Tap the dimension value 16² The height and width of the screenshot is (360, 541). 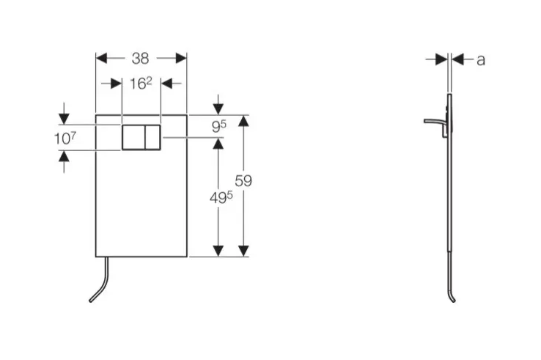click(x=141, y=83)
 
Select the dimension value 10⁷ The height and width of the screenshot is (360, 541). click(x=65, y=137)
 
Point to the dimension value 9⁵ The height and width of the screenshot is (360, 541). click(x=218, y=127)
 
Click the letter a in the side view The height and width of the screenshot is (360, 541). click(x=481, y=59)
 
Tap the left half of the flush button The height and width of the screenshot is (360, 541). click(x=133, y=137)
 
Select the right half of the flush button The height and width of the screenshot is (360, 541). click(x=152, y=137)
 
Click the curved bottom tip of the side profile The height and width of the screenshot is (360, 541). click(x=452, y=298)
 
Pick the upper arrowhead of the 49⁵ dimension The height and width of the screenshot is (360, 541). click(x=218, y=144)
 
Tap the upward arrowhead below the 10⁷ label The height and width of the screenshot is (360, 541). click(x=65, y=156)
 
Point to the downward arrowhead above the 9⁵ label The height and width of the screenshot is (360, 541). click(x=218, y=109)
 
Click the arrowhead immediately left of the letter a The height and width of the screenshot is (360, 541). click(x=441, y=59)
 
